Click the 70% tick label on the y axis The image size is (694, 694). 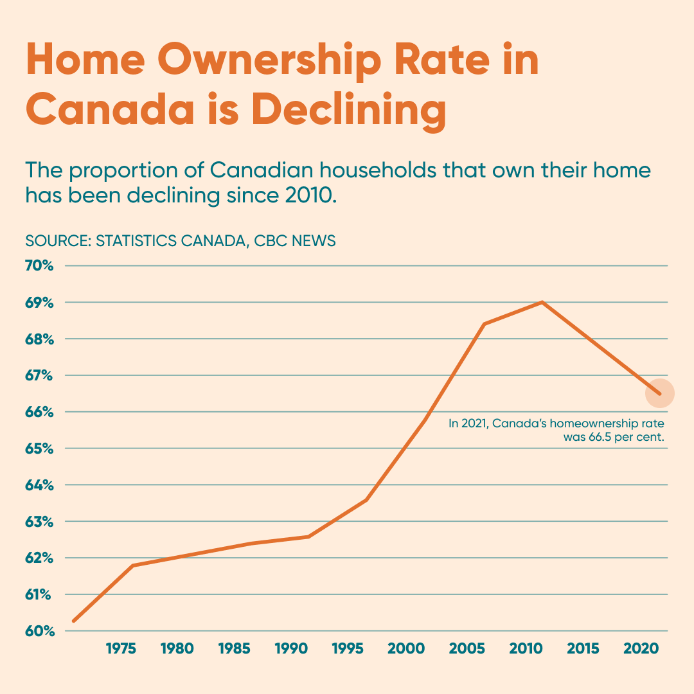(x=39, y=265)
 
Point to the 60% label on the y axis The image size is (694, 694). (x=39, y=631)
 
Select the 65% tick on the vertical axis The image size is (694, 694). (x=39, y=448)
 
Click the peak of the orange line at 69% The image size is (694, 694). (x=542, y=302)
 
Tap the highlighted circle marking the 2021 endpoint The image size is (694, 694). (x=659, y=393)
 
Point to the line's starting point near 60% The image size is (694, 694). (x=74, y=621)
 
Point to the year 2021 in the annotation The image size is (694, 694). (x=474, y=423)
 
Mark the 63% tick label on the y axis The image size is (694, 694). (x=39, y=521)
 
